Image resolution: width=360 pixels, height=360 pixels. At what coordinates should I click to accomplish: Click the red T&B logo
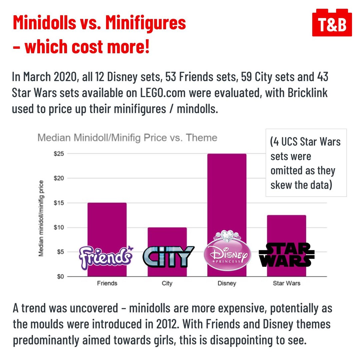(x=332, y=24)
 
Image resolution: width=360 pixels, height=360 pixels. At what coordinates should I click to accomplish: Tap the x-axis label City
(x=167, y=283)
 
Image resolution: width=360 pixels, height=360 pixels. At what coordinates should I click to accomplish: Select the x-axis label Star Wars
(x=286, y=283)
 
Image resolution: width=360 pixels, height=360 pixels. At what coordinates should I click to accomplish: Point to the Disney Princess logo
(x=228, y=252)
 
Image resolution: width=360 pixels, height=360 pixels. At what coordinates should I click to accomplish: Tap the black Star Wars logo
(x=286, y=255)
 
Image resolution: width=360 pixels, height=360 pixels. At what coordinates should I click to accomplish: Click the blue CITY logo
(x=168, y=257)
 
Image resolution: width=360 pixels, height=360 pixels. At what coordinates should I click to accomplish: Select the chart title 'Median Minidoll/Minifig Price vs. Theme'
(x=127, y=138)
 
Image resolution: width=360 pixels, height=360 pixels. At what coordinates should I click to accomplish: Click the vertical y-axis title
(x=41, y=218)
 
